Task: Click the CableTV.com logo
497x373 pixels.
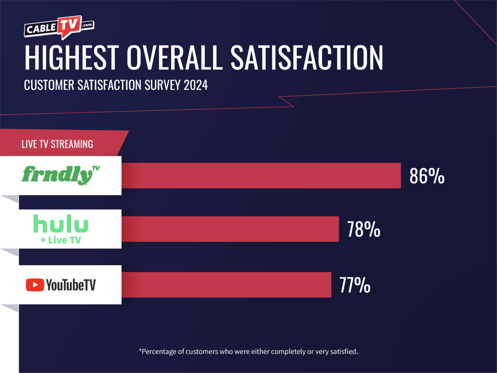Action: (59, 28)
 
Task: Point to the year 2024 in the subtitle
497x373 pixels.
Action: (196, 85)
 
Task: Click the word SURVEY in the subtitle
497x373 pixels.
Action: (162, 85)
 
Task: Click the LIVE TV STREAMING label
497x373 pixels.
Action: (57, 144)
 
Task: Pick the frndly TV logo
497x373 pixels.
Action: (61, 175)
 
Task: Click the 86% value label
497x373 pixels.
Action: (427, 176)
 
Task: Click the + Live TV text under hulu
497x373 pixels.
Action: (61, 240)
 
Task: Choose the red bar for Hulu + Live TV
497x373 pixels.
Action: (230, 229)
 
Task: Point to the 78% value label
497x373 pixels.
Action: (363, 229)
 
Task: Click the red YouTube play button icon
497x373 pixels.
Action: (35, 285)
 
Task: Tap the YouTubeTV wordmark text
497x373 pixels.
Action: (71, 285)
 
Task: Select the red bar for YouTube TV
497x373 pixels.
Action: (226, 285)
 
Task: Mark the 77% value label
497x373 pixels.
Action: (355, 285)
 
